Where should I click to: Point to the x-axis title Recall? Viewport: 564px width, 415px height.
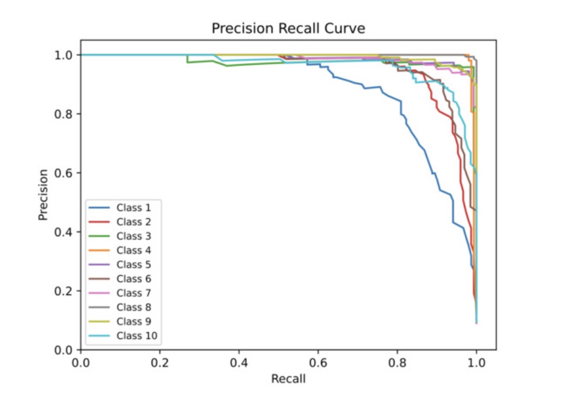coord(288,379)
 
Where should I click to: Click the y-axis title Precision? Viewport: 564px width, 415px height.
coord(43,194)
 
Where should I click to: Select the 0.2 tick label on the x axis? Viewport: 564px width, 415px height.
coord(159,362)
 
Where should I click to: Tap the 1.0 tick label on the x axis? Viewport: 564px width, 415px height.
coord(476,362)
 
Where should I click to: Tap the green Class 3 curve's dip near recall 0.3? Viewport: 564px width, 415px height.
coord(189,60)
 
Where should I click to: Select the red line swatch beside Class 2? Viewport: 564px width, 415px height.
coord(99,222)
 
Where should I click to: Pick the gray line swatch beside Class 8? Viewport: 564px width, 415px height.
coord(99,307)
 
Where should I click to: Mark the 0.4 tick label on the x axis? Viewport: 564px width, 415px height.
coord(239,362)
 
